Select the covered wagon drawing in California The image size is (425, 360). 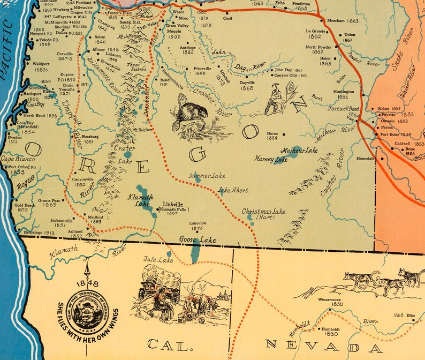pos(161,284)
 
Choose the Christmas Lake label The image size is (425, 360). pos(263,212)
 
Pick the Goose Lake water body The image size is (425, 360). pos(196,251)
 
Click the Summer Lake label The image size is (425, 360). pos(207,176)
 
